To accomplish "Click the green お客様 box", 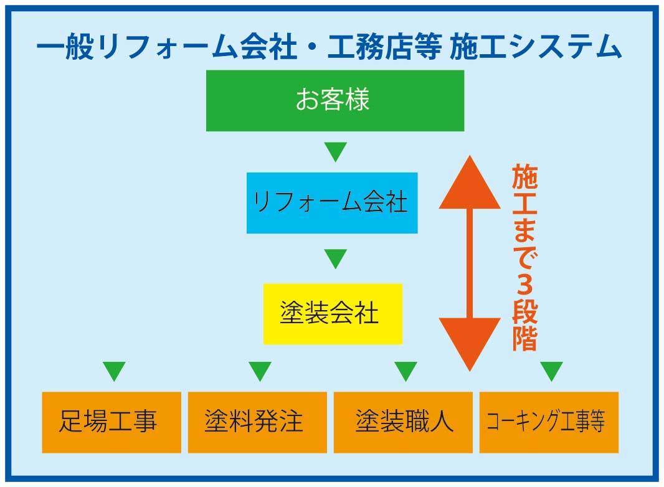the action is coord(335,101).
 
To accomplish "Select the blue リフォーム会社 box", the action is coord(332,203).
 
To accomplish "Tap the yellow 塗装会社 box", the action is coord(333,314).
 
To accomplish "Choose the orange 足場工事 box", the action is coord(111,422).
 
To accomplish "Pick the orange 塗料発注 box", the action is coord(257,422).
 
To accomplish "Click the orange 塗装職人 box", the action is coord(403,422).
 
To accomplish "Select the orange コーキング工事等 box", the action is coord(549,422).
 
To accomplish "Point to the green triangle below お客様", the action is coord(335,152).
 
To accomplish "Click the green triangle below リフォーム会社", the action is coord(335,258).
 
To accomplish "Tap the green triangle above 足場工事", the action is coord(115,371).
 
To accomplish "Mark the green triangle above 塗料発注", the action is coord(260,371).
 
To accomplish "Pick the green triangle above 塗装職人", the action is coord(406,371).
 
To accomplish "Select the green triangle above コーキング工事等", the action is coord(551,371).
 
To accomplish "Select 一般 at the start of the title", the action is coord(65,47).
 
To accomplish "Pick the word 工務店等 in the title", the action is coord(384,47).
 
